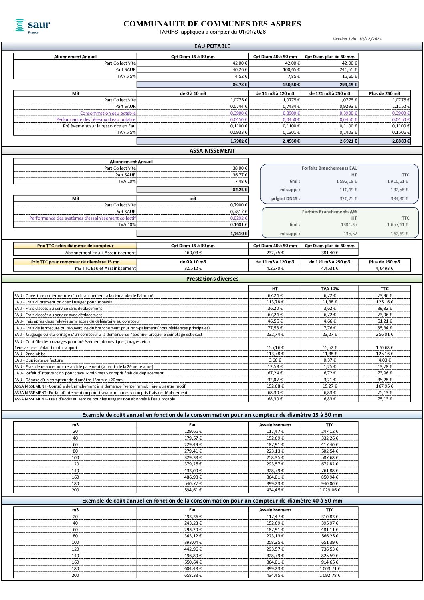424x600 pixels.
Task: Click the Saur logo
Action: click(x=32, y=26)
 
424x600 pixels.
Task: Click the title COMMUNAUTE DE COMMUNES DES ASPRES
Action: click(x=212, y=24)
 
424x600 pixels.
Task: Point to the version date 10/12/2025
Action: click(x=370, y=39)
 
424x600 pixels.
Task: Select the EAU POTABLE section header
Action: click(x=212, y=46)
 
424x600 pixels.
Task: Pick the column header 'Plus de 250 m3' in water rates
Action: click(x=384, y=93)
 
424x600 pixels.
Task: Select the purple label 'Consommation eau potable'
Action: click(x=108, y=113)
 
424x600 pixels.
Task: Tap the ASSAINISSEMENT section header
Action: click(x=212, y=151)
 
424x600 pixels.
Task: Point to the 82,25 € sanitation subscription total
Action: click(x=240, y=190)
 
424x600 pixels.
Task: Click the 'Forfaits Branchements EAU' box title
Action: click(x=329, y=168)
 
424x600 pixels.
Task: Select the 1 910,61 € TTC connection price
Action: click(x=398, y=181)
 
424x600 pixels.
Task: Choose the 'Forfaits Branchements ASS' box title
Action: click(x=329, y=212)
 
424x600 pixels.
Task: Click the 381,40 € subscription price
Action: click(x=330, y=253)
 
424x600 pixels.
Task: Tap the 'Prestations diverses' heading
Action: click(x=212, y=279)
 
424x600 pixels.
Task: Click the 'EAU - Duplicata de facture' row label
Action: click(x=38, y=360)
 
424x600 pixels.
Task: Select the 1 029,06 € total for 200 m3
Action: click(x=330, y=490)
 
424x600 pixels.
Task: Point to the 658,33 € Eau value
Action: click(x=193, y=575)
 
